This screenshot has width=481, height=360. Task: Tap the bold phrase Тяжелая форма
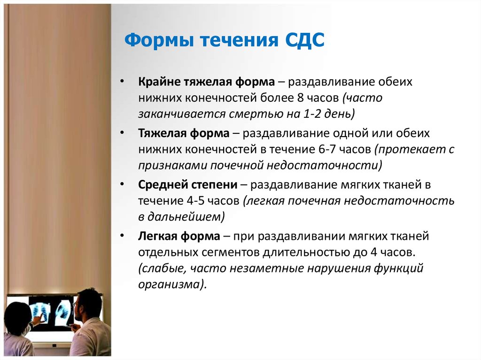tap(184, 133)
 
